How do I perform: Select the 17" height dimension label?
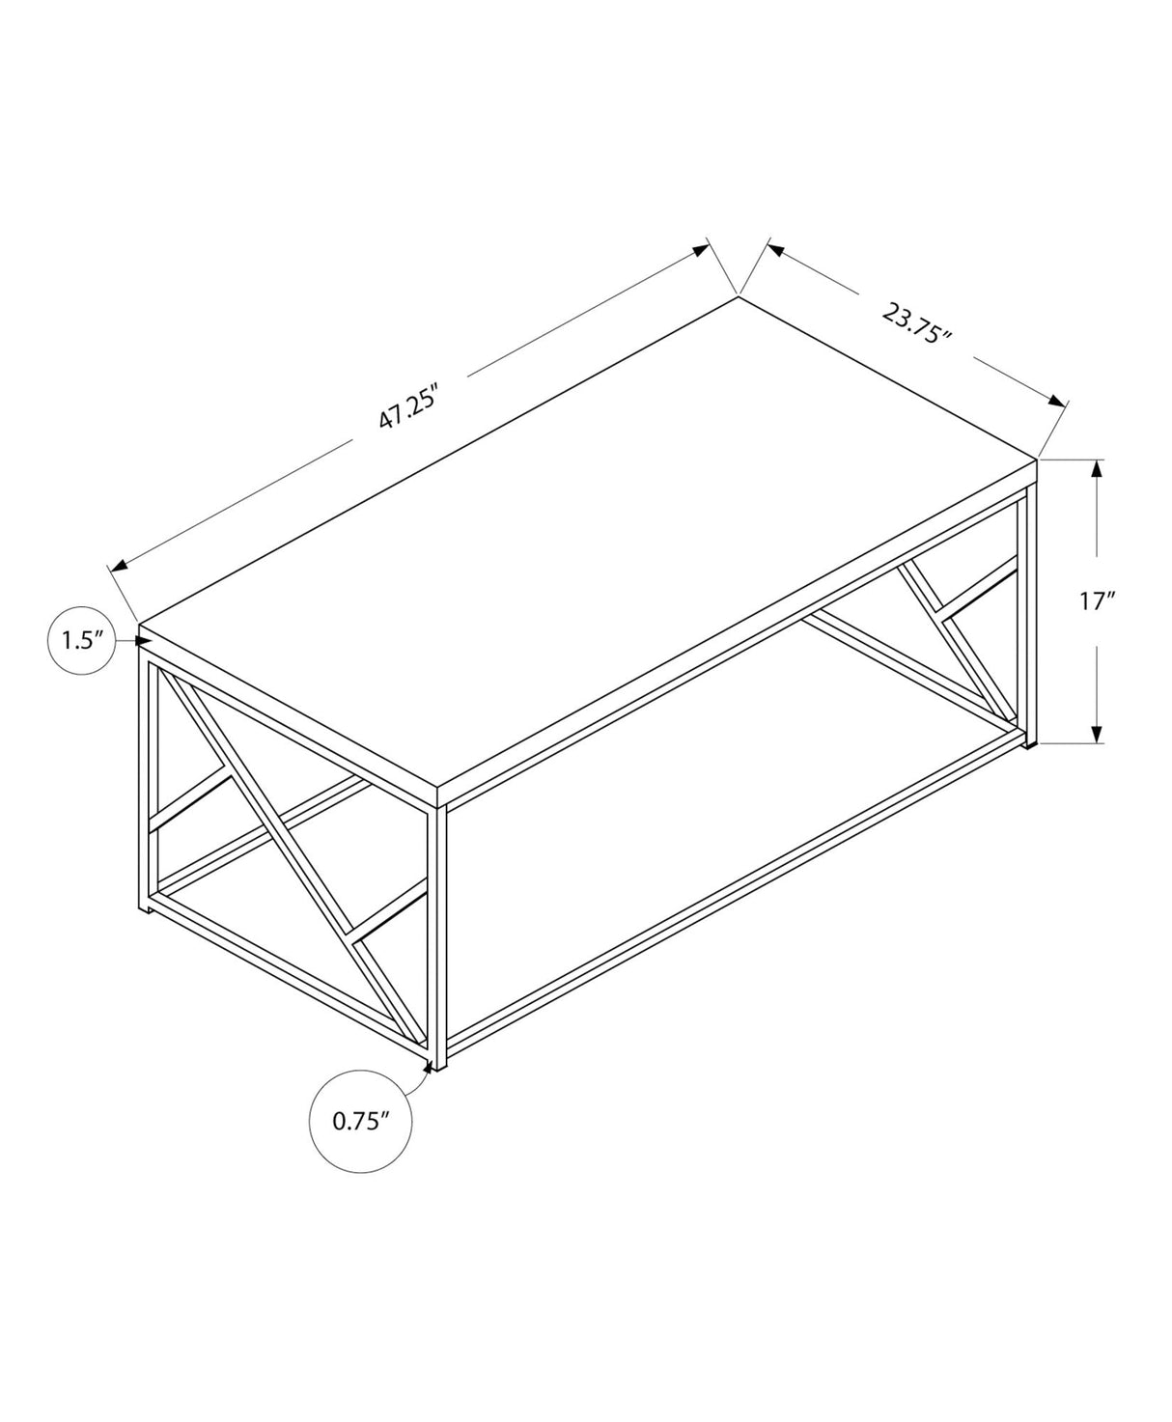pyautogui.click(x=1098, y=601)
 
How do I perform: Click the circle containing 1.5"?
pyautogui.click(x=82, y=639)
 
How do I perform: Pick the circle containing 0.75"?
pyautogui.click(x=361, y=1121)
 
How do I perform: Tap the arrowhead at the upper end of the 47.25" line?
pyautogui.click(x=699, y=251)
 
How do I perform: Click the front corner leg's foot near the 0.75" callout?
pyautogui.click(x=436, y=1063)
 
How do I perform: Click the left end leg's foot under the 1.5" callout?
pyautogui.click(x=144, y=907)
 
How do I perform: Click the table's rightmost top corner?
pyautogui.click(x=1037, y=459)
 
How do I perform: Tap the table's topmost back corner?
pyautogui.click(x=739, y=296)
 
